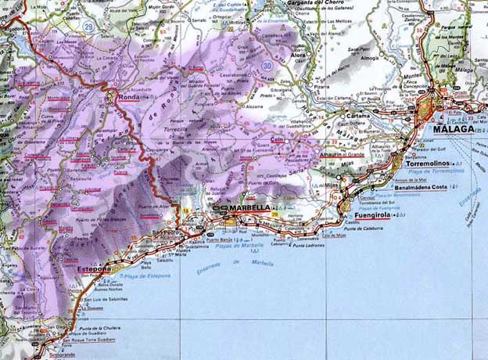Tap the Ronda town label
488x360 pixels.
(129, 98)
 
